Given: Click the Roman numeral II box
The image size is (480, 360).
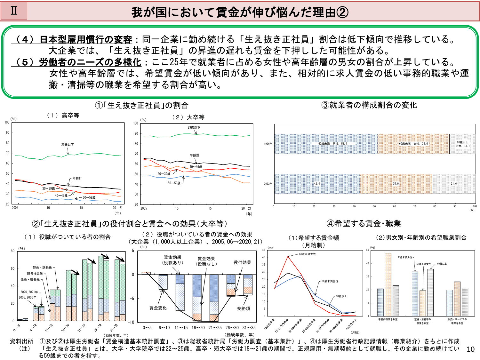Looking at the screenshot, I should coord(14,11).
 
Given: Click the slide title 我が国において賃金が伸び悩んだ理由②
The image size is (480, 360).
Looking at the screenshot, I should coord(240,12).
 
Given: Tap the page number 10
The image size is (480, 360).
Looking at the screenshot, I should coord(470,349).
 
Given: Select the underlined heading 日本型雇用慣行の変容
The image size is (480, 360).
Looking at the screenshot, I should coord(85,40).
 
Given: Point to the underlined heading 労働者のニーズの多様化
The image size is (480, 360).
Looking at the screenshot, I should coord(90,62).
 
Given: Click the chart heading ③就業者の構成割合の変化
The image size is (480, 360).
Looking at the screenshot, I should coord(369,105).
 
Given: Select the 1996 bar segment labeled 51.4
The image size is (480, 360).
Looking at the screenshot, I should coord(326,144).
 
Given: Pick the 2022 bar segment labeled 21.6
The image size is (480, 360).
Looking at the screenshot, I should coord(453,184).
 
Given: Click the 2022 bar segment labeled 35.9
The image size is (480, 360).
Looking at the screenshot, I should coord(396,184).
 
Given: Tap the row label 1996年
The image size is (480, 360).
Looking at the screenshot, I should coord(268,144).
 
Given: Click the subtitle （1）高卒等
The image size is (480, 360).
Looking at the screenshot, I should coord(63,116).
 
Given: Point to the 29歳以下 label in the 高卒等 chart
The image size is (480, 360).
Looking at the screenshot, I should coord(68,145).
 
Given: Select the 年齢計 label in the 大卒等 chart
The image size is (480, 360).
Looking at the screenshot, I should coord(194,155).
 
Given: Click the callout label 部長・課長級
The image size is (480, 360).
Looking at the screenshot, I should coord(42,267).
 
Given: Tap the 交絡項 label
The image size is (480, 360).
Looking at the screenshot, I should coord(244,308).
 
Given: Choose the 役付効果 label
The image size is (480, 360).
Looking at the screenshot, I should coord(242,262).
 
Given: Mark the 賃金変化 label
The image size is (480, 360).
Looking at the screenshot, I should coord(158,308).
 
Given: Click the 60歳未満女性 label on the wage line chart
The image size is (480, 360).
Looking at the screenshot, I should coord(307,254).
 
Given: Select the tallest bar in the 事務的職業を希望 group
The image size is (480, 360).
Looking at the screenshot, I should coord(388,284).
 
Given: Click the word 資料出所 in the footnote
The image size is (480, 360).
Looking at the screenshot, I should coord(21,341).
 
